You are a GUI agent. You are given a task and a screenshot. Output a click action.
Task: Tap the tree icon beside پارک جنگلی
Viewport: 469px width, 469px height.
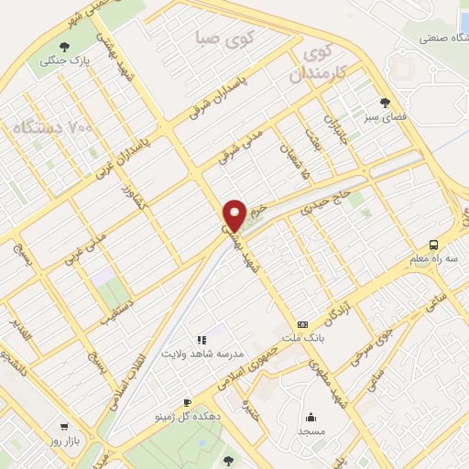(62, 48)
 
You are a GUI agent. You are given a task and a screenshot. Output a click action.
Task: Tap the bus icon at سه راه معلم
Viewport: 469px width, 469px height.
(434, 244)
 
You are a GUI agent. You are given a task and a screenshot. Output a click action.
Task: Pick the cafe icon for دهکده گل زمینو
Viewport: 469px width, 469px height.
(187, 402)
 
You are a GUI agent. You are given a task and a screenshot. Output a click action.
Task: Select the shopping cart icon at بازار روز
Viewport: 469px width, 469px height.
(63, 427)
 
